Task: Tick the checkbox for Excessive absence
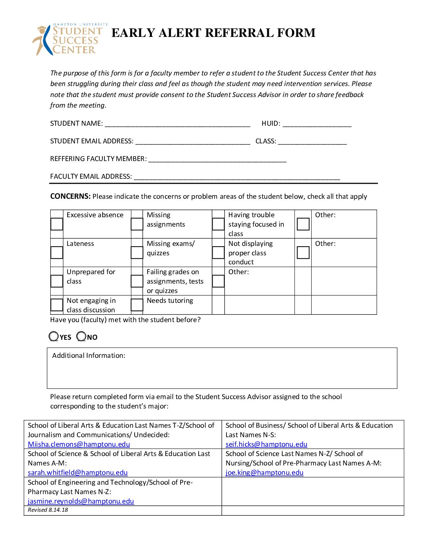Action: pyautogui.click(x=57, y=224)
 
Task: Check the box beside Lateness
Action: pyautogui.click(x=57, y=253)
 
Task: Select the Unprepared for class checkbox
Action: pyautogui.click(x=57, y=281)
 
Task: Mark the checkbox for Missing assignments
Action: pyautogui.click(x=137, y=224)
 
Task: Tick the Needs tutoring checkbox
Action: pyautogui.click(x=137, y=305)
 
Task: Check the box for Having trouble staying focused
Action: pyautogui.click(x=218, y=224)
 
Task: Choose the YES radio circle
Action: pyautogui.click(x=54, y=337)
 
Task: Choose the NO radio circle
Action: pyautogui.click(x=81, y=337)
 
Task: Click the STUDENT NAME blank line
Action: pyautogui.click(x=177, y=124)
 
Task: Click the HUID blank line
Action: pyautogui.click(x=317, y=124)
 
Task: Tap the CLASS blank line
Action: pyautogui.click(x=312, y=141)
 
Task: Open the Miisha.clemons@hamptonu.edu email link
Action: pyautogui.click(x=79, y=444)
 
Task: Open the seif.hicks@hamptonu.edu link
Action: pyautogui.click(x=266, y=444)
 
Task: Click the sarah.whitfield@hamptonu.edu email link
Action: pyautogui.click(x=78, y=472)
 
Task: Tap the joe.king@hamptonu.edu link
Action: pyautogui.click(x=264, y=472)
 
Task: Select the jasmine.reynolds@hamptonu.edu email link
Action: pyautogui.click(x=81, y=501)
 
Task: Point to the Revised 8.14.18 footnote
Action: pyautogui.click(x=48, y=510)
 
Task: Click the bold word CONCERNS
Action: pyautogui.click(x=70, y=196)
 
